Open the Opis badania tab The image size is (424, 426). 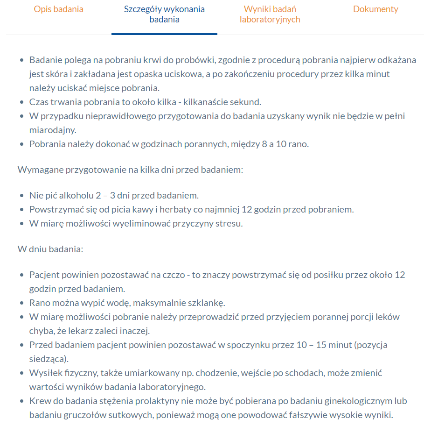point(58,9)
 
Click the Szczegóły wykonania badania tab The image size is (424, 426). point(164,14)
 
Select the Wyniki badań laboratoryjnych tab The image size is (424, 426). point(270,14)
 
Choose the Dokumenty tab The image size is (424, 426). point(375,9)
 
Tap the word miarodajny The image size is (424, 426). point(52,130)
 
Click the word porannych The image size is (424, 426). point(208,144)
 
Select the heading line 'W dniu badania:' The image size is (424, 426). point(50,248)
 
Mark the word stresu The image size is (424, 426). point(229,223)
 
